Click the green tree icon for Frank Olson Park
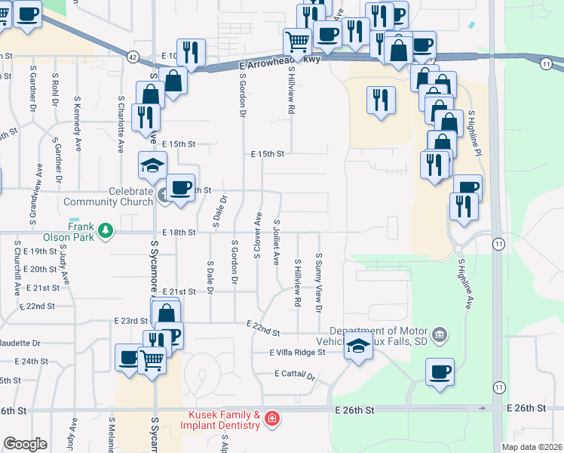tap(106, 230)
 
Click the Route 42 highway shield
tap(133, 57)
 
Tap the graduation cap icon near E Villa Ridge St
tap(359, 348)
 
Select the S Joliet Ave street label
tap(276, 241)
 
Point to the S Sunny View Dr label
tap(319, 283)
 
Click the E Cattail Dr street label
tap(294, 374)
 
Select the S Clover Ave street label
tap(257, 236)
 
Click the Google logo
tap(24, 444)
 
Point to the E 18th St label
tap(179, 233)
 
